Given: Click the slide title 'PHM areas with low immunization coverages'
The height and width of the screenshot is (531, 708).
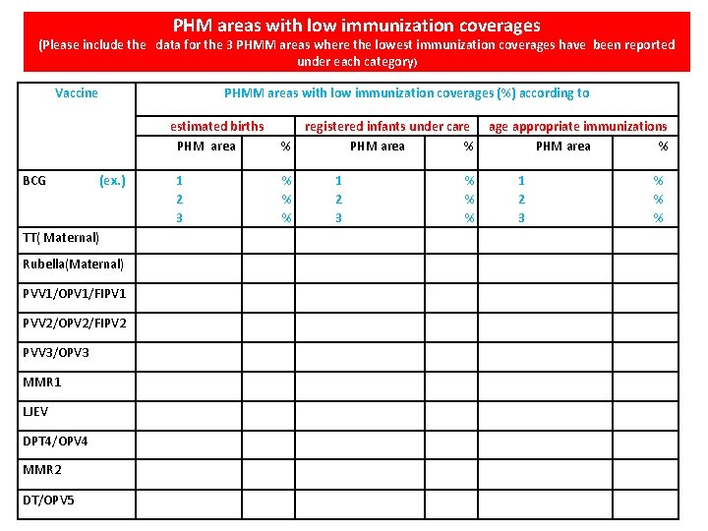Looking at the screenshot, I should click(x=357, y=25).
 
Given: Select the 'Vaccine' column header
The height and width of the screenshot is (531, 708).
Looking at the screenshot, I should click(x=77, y=93).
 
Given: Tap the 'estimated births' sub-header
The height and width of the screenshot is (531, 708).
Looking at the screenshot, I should click(x=217, y=126).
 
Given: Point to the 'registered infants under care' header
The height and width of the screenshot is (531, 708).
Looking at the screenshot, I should click(x=387, y=126).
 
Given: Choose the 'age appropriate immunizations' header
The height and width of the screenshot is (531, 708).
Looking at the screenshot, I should click(x=578, y=126).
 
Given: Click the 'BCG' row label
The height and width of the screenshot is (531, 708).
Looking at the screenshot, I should click(x=34, y=180).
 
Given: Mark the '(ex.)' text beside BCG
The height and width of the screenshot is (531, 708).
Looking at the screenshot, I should click(x=113, y=180).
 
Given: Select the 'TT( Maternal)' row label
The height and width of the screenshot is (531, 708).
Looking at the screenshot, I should click(x=61, y=237).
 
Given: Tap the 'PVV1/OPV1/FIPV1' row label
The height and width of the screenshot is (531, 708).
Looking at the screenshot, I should click(x=75, y=294).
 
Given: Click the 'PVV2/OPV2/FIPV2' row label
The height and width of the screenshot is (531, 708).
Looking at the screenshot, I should click(x=75, y=324).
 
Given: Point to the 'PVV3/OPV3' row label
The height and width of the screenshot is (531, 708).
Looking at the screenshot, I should click(x=56, y=352).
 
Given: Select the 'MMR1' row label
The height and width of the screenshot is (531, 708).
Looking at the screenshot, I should click(x=42, y=382).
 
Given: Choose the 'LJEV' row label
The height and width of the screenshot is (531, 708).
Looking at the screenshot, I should click(x=36, y=411).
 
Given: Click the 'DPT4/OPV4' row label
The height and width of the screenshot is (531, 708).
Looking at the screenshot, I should click(x=55, y=441).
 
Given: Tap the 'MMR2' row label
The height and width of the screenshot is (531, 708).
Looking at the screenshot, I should click(x=42, y=470).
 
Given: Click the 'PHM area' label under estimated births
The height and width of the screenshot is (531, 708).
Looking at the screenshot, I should click(x=206, y=147).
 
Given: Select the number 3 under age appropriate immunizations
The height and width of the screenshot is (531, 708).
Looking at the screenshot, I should click(x=521, y=217).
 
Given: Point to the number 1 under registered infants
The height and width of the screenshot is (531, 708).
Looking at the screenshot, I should click(x=338, y=180).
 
